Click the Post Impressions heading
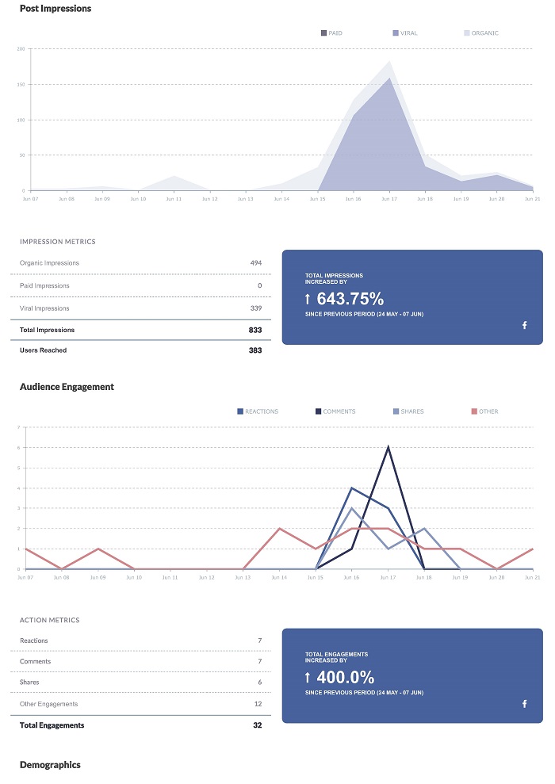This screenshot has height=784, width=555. click(55, 9)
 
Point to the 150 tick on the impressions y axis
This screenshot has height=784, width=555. click(21, 84)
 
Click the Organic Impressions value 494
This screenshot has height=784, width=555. click(255, 263)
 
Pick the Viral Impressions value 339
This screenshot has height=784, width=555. click(255, 308)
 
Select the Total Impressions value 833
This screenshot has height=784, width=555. click(255, 330)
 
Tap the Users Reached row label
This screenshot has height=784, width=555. click(43, 350)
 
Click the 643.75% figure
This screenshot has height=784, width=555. click(350, 299)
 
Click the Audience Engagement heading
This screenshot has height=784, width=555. click(67, 387)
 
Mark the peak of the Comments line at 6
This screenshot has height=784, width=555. click(388, 447)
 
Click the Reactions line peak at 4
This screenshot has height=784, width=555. click(351, 488)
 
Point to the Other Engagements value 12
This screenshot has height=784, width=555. click(257, 704)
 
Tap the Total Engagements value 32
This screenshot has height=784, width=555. click(257, 725)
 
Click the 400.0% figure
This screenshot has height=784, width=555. click(345, 677)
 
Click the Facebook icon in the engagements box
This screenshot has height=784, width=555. click(524, 704)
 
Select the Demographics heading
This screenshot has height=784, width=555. click(50, 765)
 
